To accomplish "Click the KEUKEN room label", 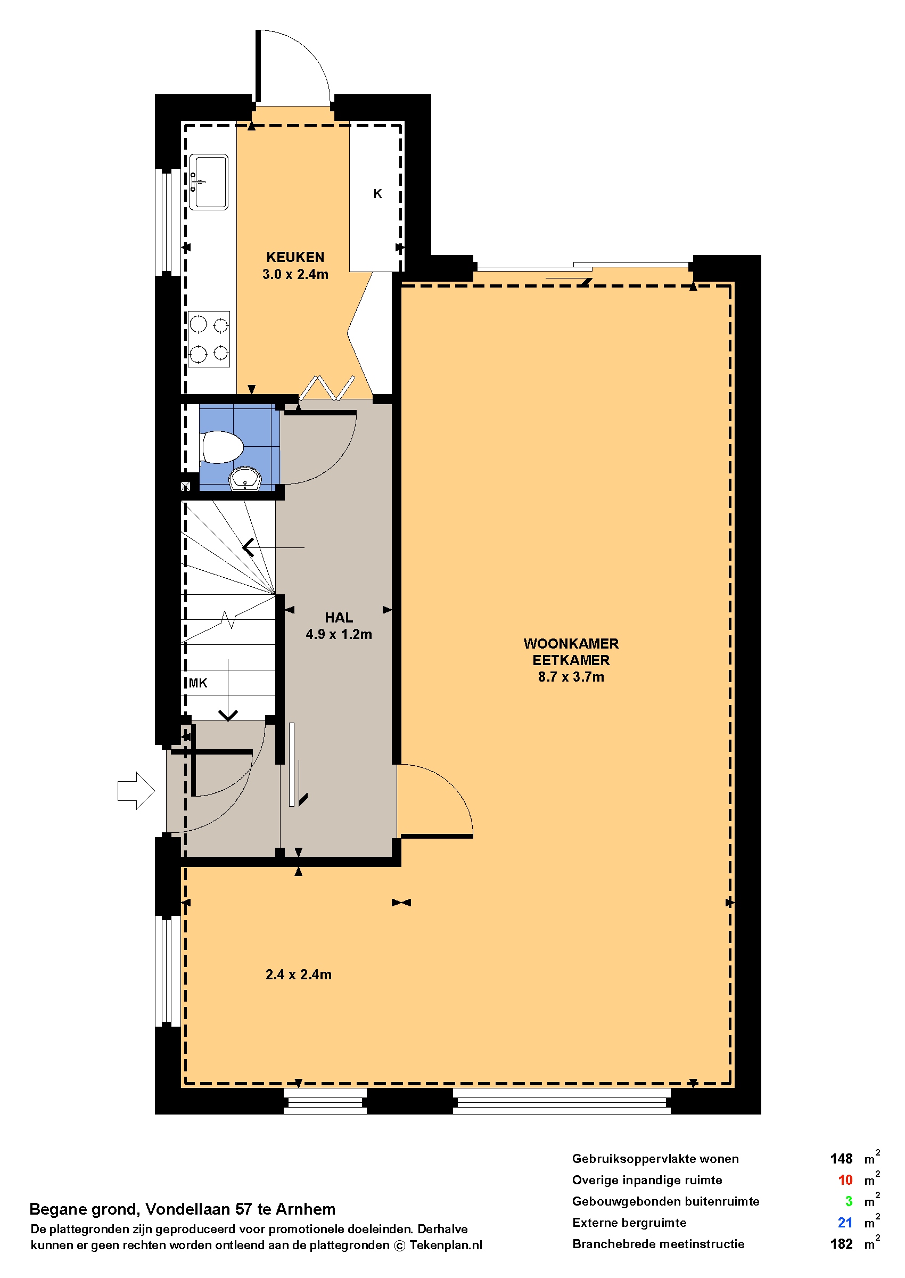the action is (295, 257).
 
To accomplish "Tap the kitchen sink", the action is (209, 182).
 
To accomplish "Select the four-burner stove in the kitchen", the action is (209, 339).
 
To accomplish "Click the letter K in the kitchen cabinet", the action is (377, 194).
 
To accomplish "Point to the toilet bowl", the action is (222, 447).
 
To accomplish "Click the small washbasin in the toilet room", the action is (245, 479).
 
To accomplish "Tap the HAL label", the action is (339, 618).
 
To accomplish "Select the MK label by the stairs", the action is (198, 683).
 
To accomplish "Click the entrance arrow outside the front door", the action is (136, 790).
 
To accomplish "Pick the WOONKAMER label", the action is (571, 644).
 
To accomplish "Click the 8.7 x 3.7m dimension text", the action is (571, 677).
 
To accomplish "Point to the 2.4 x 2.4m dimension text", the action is (299, 975).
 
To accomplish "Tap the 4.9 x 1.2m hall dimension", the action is (339, 634).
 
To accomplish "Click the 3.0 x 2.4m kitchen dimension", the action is (295, 274).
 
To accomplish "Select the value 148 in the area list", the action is (841, 1159).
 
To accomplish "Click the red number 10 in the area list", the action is (845, 1181).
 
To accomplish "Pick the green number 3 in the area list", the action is (849, 1202).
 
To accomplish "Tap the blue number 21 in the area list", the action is (845, 1223).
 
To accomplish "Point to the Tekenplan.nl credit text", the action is (446, 1246).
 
